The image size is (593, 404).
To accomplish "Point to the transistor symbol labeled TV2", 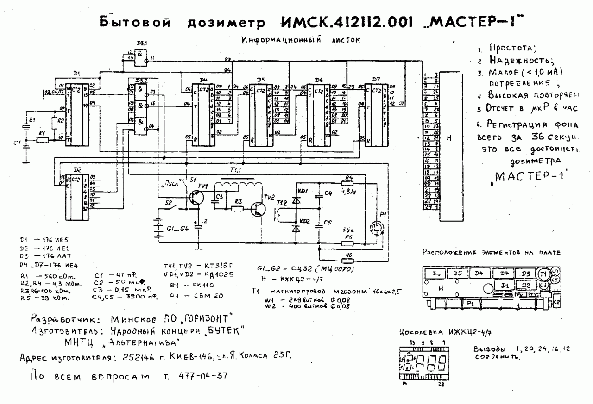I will (x=257, y=209).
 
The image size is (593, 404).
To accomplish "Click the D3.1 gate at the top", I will (x=139, y=56).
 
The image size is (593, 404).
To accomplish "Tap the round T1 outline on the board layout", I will (x=543, y=274).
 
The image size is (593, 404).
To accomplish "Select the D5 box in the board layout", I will (x=458, y=274).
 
